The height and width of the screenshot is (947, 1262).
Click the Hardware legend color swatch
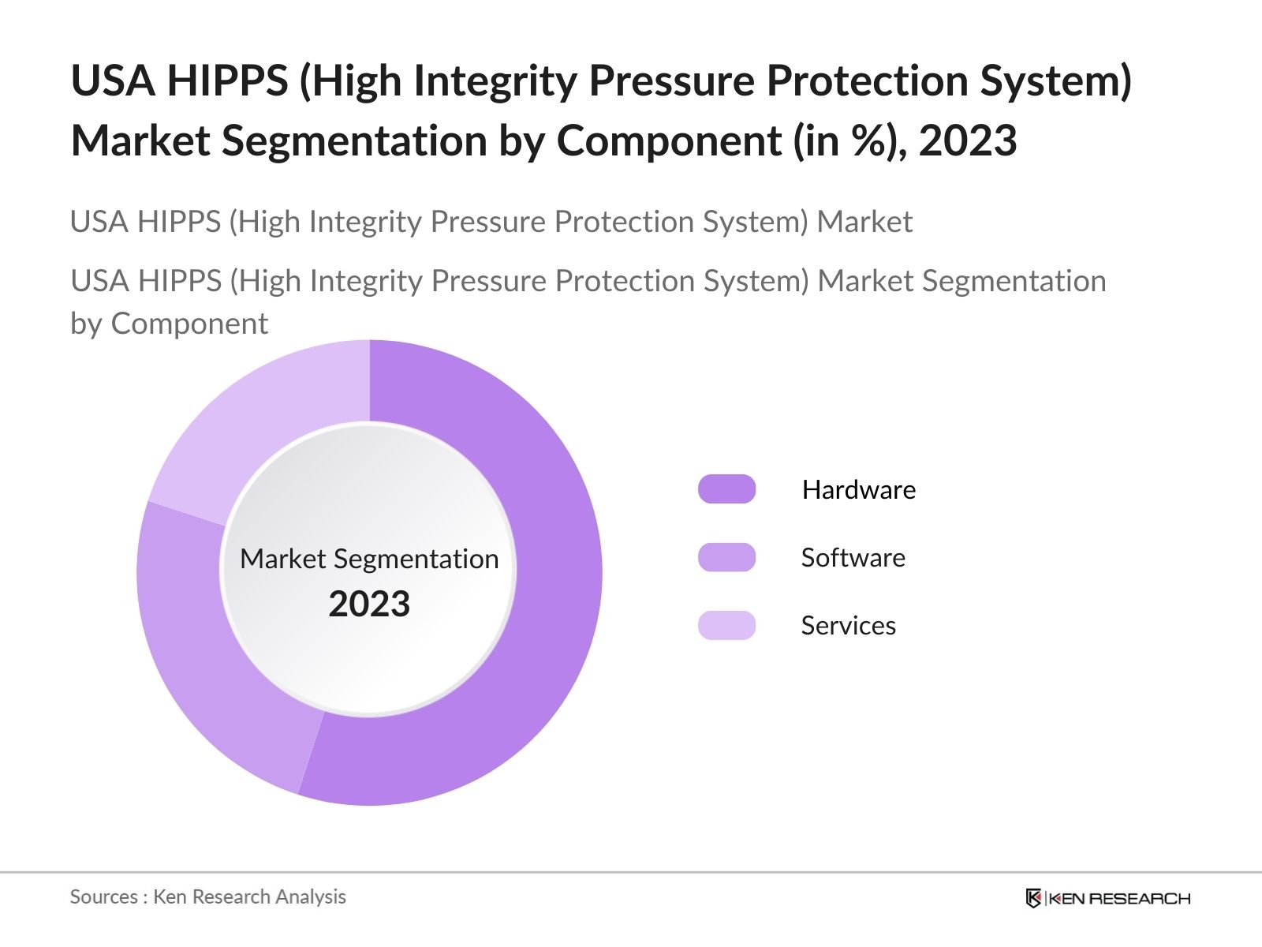pos(726,489)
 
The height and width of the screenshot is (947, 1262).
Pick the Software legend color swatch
pos(726,557)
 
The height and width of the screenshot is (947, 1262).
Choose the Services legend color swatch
pos(726,625)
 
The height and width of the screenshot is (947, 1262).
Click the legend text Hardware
pos(858,490)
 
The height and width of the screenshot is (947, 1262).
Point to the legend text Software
pos(853,558)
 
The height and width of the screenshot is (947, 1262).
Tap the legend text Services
pos(848,626)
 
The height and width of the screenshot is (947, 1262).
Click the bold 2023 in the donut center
pos(369,605)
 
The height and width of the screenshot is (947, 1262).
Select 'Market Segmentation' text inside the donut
pos(369,559)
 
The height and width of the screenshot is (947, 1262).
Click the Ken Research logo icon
pos(1033,898)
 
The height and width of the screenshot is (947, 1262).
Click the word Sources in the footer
pos(103,897)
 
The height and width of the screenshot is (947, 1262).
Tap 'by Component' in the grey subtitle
pos(169,324)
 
